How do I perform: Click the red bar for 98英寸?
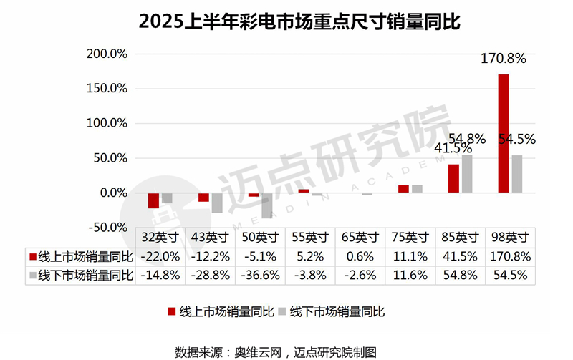(504, 133)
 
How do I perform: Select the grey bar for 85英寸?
(467, 173)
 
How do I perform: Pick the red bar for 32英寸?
(153, 200)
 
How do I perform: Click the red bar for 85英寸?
(453, 178)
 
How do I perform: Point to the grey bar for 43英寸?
(216, 203)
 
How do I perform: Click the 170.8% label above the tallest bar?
(503, 59)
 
